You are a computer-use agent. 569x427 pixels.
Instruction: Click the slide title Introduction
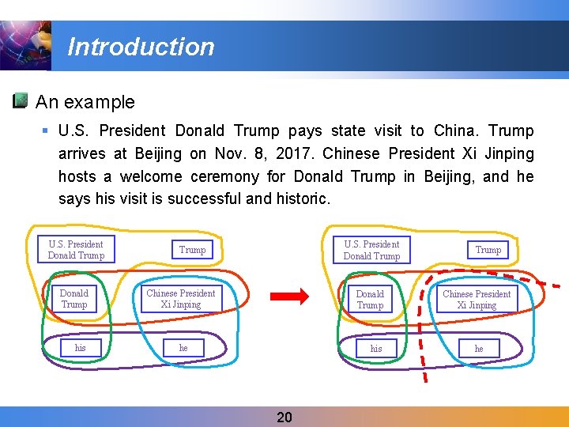[x=141, y=47]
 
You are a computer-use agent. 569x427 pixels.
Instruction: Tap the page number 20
[x=284, y=417]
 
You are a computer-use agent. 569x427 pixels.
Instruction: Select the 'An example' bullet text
[x=85, y=102]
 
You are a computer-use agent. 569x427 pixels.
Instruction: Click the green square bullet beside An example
[x=21, y=101]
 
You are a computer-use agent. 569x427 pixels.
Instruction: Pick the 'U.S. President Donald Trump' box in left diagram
[x=76, y=249]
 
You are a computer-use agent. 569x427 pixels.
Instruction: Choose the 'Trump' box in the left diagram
[x=192, y=250]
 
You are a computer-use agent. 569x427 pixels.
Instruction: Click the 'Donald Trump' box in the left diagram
[x=74, y=299]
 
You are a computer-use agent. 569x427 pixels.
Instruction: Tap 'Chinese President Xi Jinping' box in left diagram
[x=181, y=299]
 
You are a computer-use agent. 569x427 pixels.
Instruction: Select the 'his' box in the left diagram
[x=81, y=348]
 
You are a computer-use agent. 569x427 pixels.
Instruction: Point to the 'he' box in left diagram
[x=183, y=348]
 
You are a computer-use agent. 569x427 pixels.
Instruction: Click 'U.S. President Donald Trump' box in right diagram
[x=371, y=250]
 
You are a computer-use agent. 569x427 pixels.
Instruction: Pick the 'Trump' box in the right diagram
[x=488, y=250]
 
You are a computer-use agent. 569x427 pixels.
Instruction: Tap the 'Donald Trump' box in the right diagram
[x=370, y=300]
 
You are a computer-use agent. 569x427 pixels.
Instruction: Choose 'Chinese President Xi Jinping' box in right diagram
[x=477, y=300]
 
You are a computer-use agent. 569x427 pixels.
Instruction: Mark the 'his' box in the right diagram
[x=376, y=349]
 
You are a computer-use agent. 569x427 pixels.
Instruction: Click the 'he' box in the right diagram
[x=479, y=349]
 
